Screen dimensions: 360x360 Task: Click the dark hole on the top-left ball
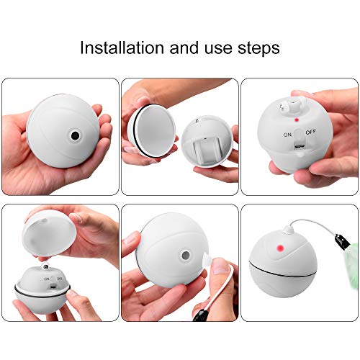coord(74,135)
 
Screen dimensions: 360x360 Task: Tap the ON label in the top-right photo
coord(287,135)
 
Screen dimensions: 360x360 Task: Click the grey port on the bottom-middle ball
coord(186,256)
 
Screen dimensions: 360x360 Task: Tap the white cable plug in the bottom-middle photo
coord(216,269)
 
